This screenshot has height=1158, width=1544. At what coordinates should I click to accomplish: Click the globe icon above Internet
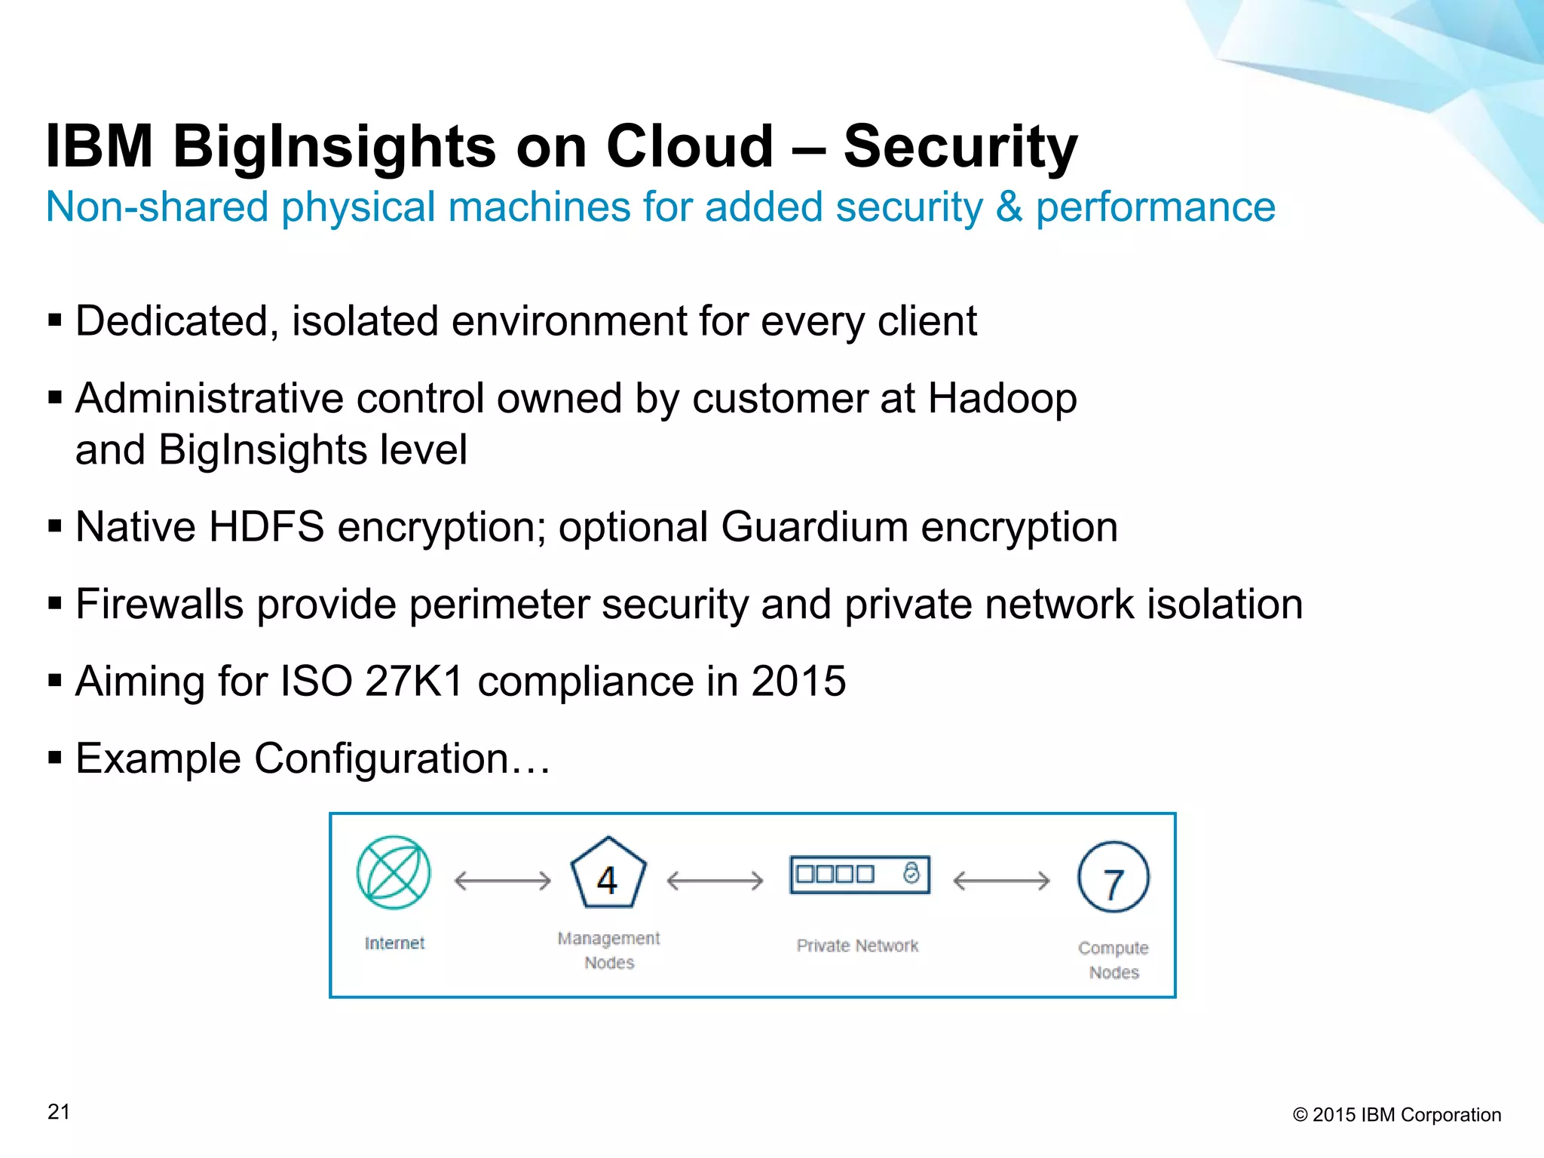click(394, 872)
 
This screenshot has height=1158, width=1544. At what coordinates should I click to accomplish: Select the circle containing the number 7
click(1114, 878)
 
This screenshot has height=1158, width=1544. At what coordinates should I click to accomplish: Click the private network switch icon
click(859, 875)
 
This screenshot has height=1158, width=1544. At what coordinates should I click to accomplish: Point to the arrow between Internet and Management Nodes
click(503, 881)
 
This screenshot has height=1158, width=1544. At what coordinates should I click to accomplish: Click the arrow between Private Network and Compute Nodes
click(1001, 881)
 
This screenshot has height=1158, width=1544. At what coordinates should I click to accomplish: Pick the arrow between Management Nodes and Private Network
click(715, 881)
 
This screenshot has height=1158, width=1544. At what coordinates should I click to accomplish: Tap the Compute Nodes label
click(1114, 960)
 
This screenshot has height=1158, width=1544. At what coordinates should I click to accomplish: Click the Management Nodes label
click(608, 950)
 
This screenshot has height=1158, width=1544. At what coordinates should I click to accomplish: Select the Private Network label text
click(857, 945)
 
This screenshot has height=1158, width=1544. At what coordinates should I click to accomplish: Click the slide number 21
click(59, 1112)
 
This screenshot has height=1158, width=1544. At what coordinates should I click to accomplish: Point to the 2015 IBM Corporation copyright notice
click(1397, 1115)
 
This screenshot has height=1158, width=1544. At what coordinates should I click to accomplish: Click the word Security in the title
click(960, 146)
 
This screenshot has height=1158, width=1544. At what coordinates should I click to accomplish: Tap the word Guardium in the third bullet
click(814, 527)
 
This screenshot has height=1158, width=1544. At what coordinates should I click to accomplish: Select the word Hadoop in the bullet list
click(1002, 398)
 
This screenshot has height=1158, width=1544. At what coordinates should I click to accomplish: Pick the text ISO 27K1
click(372, 682)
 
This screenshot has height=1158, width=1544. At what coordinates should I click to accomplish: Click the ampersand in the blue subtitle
click(1009, 207)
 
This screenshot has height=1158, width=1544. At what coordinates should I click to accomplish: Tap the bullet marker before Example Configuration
click(54, 756)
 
